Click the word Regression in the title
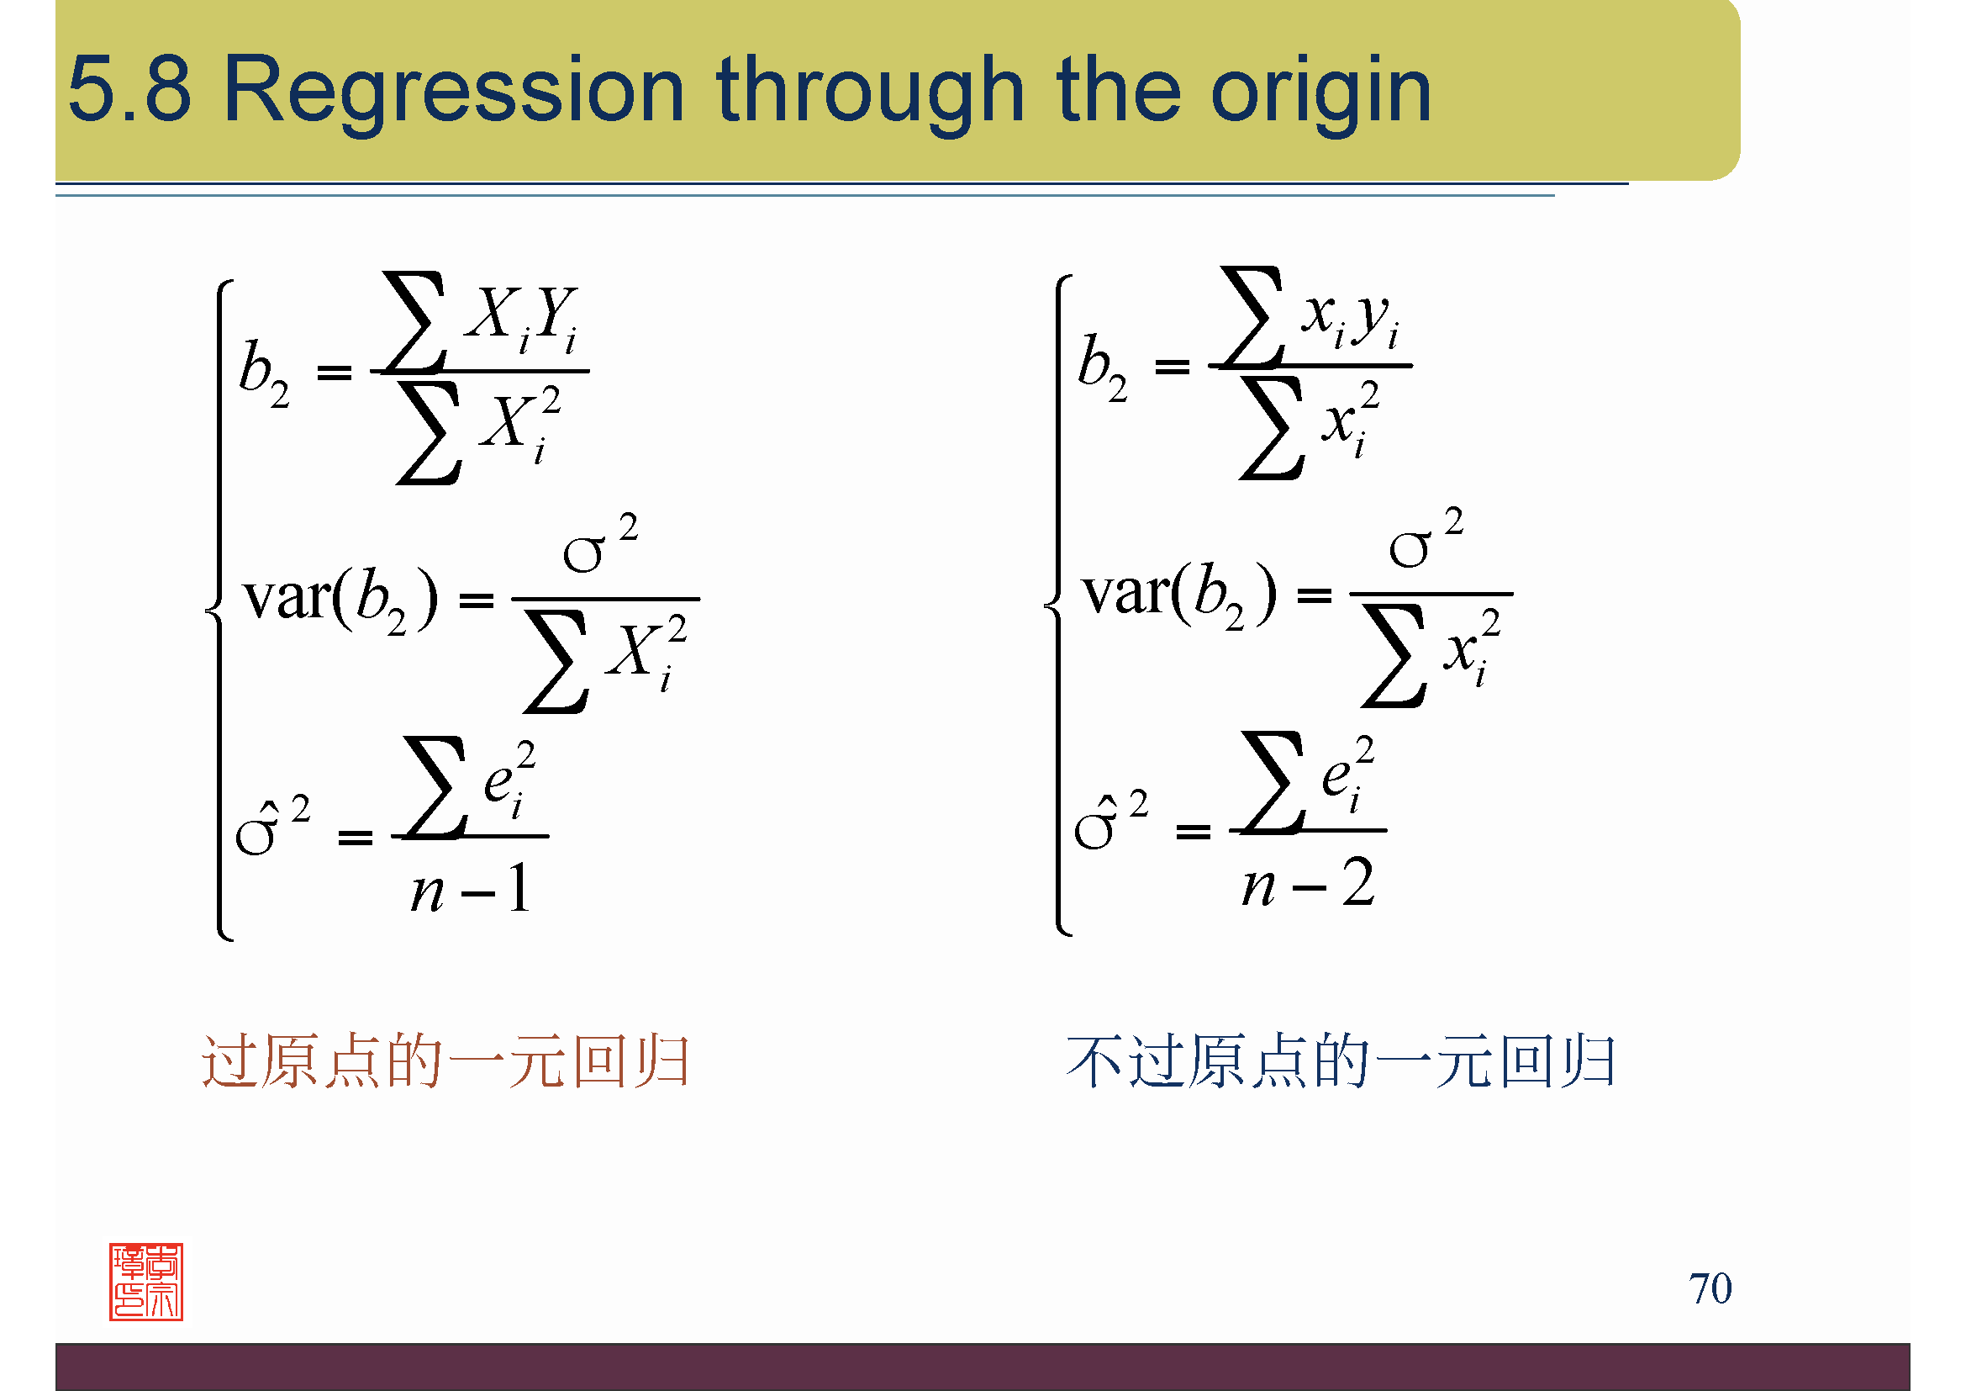coord(453,91)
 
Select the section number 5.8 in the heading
coord(129,89)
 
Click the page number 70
coord(1709,1288)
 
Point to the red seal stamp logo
coord(145,1282)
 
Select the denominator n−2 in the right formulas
coord(1309,883)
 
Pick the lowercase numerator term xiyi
coord(1352,316)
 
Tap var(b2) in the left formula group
coord(340,599)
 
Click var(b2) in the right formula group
coord(1179,594)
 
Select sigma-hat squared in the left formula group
coord(272,826)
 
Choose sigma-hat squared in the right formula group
coord(1110,820)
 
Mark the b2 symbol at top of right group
coord(1103,367)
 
